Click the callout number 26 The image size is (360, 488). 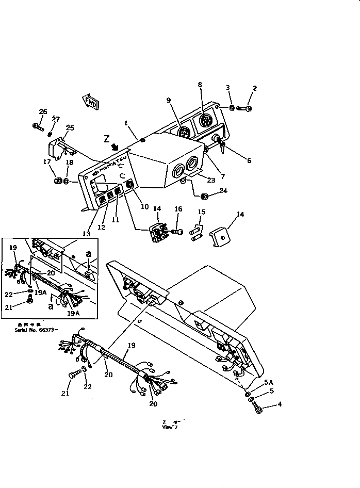43,111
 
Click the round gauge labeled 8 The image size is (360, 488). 205,122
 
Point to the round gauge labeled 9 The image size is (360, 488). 183,134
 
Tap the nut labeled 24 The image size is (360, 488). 204,197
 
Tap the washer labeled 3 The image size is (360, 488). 233,108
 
